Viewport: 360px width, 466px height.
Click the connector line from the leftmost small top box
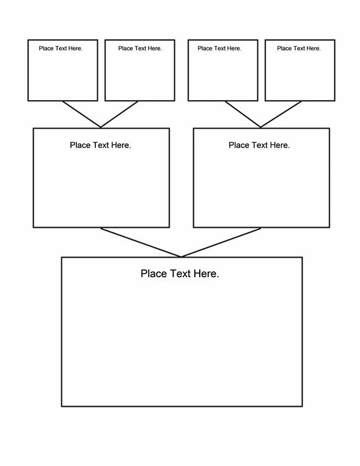[x=81, y=115]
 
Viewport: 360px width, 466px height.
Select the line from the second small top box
[x=119, y=115]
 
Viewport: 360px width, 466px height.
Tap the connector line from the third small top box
[x=243, y=115]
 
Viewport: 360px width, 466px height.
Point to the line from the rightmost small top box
[x=281, y=115]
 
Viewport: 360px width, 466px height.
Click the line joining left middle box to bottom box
[x=141, y=243]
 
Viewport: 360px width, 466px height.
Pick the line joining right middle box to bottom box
[x=221, y=243]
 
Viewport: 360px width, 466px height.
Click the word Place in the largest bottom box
[x=154, y=274]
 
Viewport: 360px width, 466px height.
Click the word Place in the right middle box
[x=239, y=145]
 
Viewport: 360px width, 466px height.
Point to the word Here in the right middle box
[x=280, y=145]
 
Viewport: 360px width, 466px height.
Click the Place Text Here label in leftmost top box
[x=61, y=49]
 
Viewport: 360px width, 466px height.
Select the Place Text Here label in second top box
[x=140, y=49]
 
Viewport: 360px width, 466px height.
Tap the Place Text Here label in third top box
[x=219, y=49]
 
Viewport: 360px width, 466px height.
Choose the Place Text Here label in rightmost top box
[x=299, y=49]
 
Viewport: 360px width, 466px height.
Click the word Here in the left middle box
[x=121, y=145]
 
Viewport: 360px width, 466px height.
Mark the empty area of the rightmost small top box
[x=300, y=76]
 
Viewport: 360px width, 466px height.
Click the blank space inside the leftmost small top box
[x=63, y=76]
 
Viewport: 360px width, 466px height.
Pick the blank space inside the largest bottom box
[x=182, y=342]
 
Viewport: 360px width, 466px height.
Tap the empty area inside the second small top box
[x=140, y=76]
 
